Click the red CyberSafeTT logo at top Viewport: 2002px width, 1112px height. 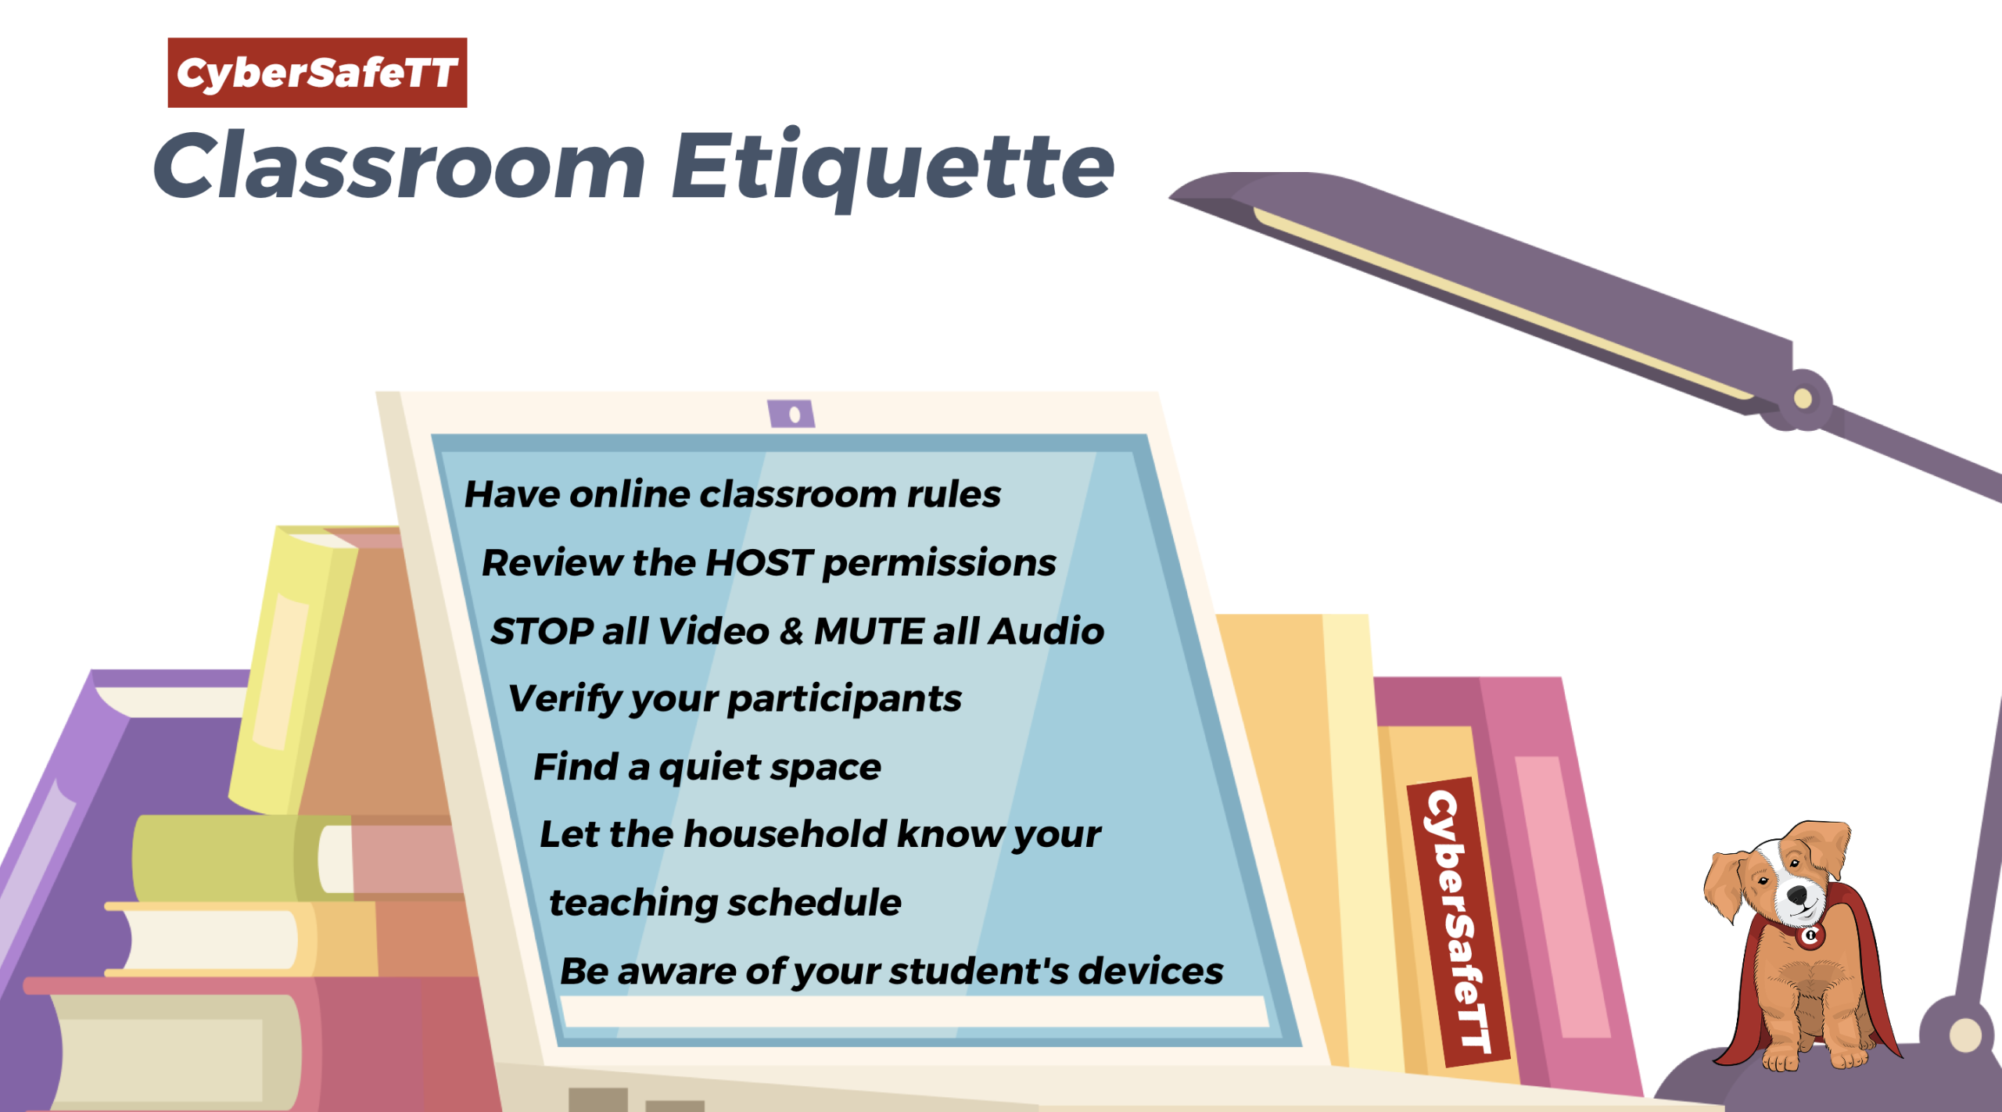point(318,73)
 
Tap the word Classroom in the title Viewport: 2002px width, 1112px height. point(400,166)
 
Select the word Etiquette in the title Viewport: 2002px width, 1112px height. point(893,169)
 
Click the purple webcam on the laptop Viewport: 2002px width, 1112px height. point(791,414)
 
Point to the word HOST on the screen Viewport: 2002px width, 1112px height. point(759,563)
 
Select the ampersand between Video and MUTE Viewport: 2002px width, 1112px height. point(791,632)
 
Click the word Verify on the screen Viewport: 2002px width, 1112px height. point(564,699)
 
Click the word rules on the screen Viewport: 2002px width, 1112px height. point(953,495)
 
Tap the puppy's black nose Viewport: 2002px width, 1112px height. point(1798,894)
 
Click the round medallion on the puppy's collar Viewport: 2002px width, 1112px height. point(1810,935)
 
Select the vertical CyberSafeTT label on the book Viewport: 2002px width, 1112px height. point(1458,923)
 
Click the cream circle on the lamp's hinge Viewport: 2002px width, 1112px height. point(1803,399)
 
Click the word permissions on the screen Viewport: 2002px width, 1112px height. point(939,564)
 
